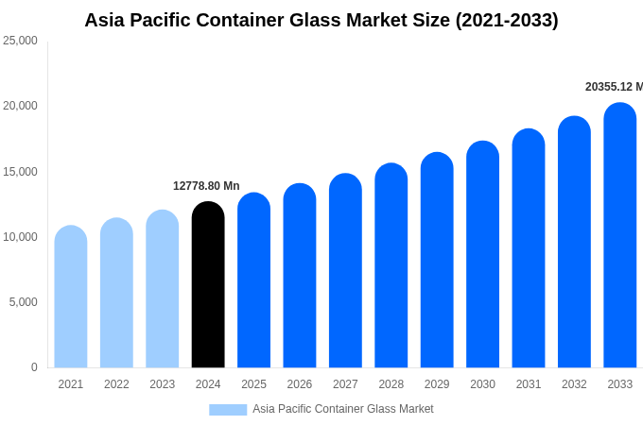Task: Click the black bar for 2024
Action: (208, 285)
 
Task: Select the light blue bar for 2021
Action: (71, 297)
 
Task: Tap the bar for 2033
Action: (619, 236)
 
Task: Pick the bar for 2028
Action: (391, 266)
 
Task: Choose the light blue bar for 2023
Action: (162, 289)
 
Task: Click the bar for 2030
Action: (482, 255)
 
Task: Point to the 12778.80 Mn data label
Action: (206, 186)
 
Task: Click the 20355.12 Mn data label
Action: (613, 87)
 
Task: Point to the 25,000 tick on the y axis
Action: (20, 41)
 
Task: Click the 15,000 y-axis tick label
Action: (20, 172)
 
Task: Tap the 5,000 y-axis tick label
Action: (23, 302)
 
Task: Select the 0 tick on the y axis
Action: (34, 367)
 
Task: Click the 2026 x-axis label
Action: (299, 384)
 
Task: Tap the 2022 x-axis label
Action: (116, 384)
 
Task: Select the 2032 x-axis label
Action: (574, 384)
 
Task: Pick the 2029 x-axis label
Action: (437, 384)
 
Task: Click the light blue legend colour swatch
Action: (228, 410)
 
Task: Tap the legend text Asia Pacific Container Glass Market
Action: (342, 409)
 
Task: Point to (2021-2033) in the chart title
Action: (507, 20)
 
